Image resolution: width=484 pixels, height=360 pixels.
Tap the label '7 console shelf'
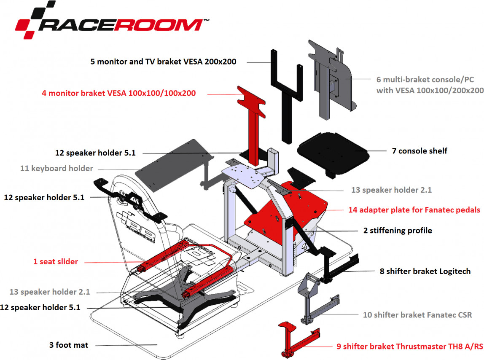point(419,150)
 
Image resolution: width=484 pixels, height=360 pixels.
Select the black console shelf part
point(333,152)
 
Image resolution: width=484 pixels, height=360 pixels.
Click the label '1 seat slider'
point(56,261)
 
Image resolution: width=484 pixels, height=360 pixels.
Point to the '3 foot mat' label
point(69,345)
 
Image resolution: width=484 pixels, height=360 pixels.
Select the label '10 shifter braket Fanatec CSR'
point(417,314)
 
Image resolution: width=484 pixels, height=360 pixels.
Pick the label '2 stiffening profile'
point(398,231)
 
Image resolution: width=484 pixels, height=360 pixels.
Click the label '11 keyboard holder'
point(56,168)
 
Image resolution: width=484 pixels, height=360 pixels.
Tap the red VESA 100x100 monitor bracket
point(253,114)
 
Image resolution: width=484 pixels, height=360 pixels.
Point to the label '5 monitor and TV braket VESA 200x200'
point(163,62)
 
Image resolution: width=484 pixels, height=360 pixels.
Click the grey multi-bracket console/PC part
point(333,80)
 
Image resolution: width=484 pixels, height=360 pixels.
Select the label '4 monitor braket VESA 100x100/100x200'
point(118,93)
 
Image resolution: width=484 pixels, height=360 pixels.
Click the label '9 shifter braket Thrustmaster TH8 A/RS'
point(410,347)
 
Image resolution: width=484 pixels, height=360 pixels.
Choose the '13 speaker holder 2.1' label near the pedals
point(391,190)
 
